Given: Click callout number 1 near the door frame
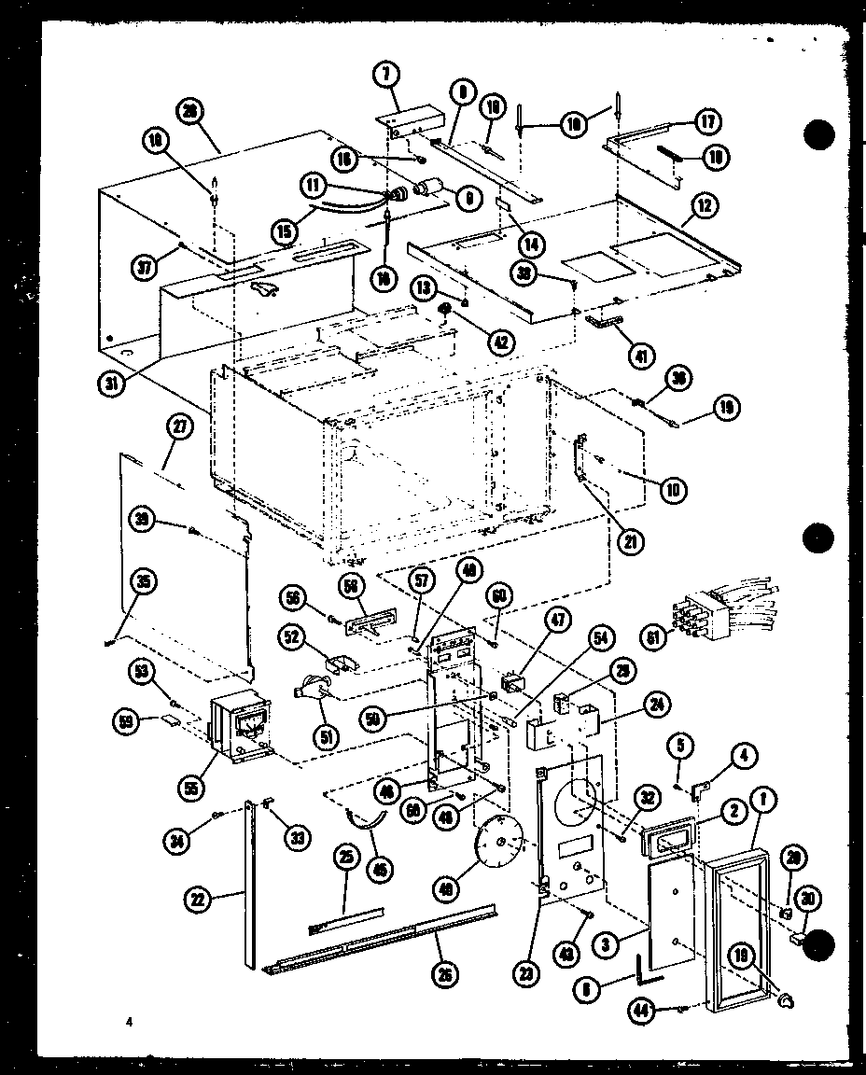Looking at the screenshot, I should pos(764,798).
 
